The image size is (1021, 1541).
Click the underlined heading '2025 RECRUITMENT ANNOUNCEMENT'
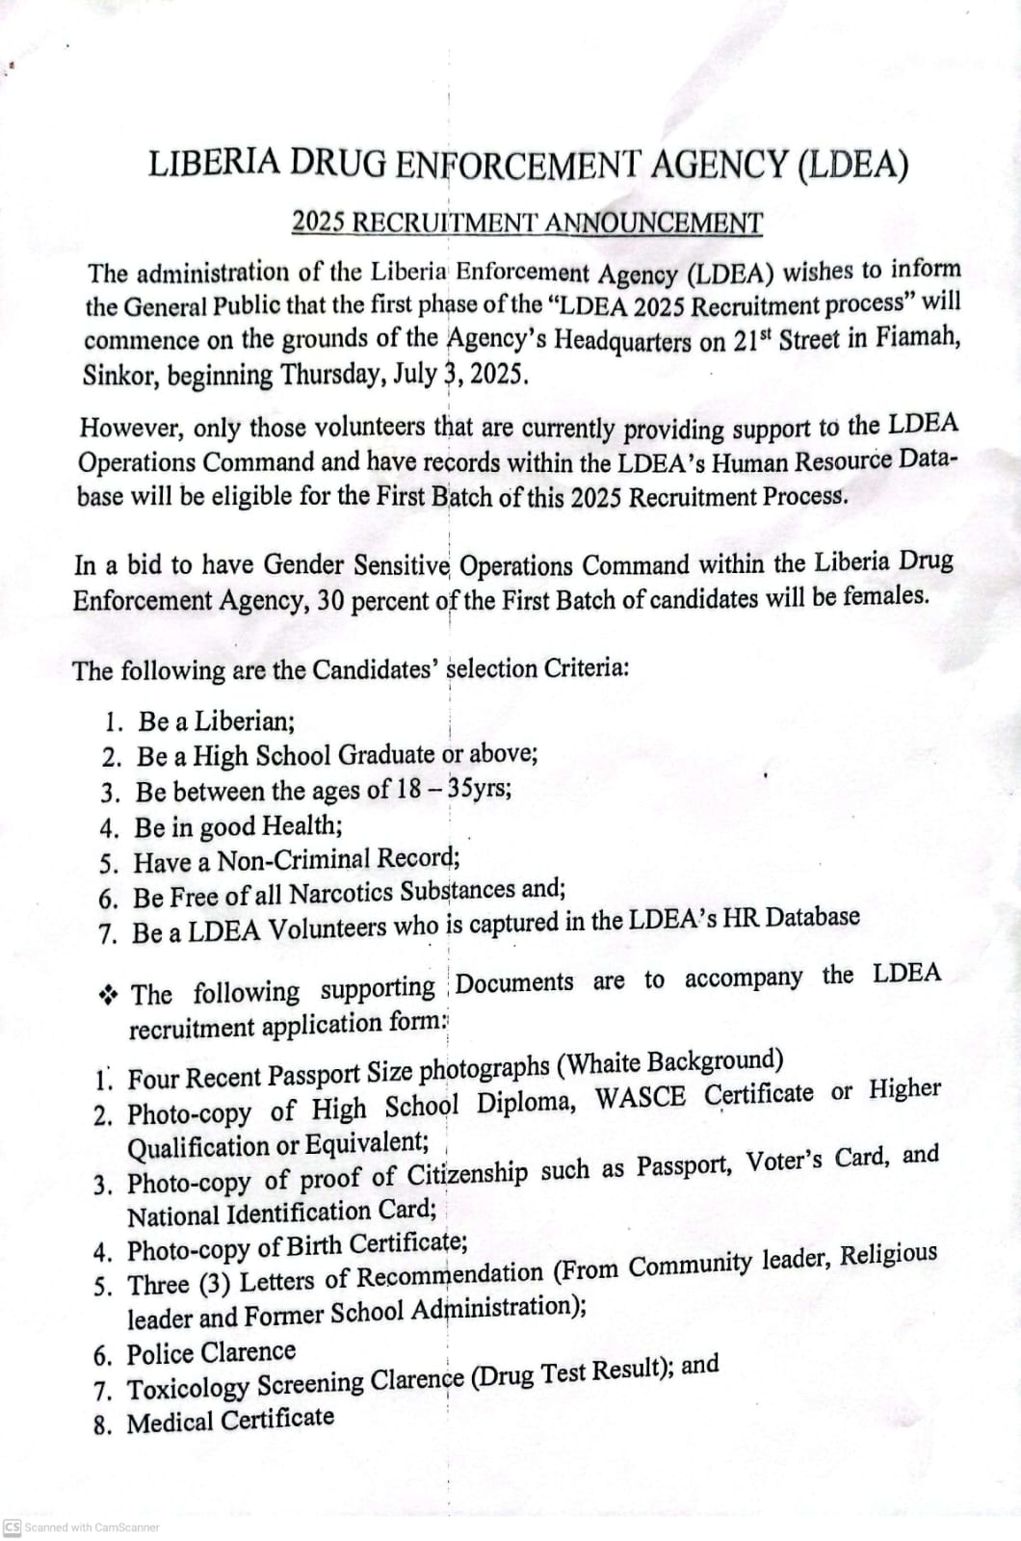click(527, 223)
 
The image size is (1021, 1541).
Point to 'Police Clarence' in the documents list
click(211, 1353)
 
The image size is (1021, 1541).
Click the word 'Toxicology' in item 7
click(188, 1389)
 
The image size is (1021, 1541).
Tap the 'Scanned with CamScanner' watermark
click(82, 1528)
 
